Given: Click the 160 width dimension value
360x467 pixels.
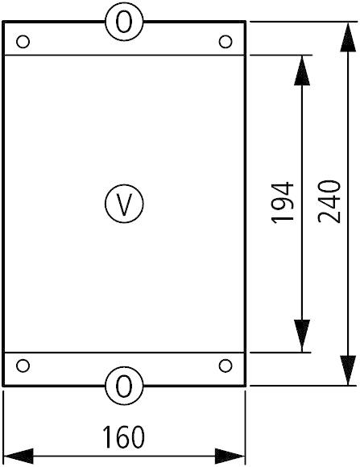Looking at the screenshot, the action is coord(123,437).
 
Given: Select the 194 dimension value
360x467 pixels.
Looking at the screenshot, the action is coord(282,202).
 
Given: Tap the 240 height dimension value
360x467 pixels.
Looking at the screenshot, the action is coord(329,201).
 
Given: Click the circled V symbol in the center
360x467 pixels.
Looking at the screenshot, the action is coord(124,204).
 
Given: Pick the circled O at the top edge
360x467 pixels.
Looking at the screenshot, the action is coord(124,22).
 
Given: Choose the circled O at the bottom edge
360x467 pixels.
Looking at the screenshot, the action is coord(124,386).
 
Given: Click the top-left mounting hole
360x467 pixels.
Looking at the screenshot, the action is coord(23,42).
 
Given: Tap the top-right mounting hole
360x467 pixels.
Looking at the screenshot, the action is coord(226,42).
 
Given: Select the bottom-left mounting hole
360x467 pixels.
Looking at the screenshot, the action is coord(23,366).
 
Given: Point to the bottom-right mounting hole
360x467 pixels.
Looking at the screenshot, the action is coord(226,366).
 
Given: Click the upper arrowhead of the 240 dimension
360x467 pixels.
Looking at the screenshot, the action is coord(348,37).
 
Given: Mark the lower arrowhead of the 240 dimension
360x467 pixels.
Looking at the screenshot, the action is coord(348,370).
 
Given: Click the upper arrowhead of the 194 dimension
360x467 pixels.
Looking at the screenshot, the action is coord(302,71).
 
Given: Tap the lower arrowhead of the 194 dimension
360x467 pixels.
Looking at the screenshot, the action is coord(302,336).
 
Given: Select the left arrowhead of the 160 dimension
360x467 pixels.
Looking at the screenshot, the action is coord(19,456).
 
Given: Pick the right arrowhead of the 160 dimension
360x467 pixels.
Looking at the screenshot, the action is coord(230,456).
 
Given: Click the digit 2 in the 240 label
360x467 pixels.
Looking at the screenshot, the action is coord(329,217).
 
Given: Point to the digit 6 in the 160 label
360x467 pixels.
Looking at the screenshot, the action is coord(123,437).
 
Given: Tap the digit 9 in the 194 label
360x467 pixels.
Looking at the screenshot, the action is coord(282,203).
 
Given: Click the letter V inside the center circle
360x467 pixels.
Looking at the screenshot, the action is coord(124,205).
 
